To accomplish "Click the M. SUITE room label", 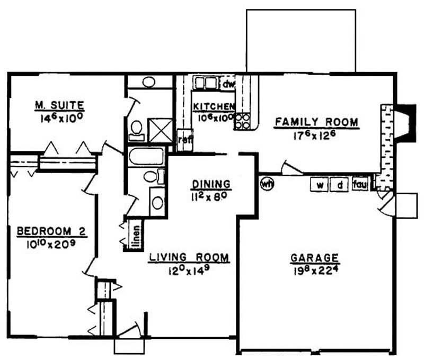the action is (60, 105).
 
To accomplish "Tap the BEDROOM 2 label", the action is (51, 231).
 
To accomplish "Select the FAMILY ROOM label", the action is (316, 122).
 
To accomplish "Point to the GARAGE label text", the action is (315, 258).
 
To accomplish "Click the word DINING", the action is (211, 184).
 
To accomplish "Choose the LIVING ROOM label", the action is (189, 257).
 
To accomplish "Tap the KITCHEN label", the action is (214, 107).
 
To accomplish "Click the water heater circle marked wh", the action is (267, 184).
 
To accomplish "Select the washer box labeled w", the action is (320, 185).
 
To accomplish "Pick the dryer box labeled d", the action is (339, 185).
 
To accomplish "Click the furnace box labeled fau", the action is (360, 184).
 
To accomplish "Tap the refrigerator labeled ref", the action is (185, 140).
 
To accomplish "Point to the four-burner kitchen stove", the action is (242, 122).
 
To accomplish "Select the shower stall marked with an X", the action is (160, 130).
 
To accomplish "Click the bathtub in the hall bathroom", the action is (146, 156).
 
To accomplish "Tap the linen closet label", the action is (137, 237).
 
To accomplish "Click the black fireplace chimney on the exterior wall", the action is (408, 123).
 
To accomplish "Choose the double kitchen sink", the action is (206, 83).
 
